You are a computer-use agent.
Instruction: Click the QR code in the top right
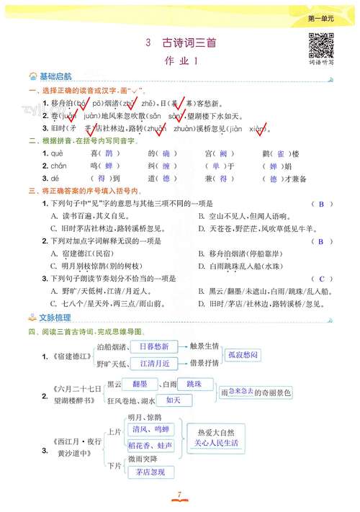coord(320,45)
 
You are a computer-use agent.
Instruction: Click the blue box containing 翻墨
coord(138,384)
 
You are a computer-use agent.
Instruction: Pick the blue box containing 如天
coord(174,400)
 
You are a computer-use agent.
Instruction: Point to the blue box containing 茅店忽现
coord(150,472)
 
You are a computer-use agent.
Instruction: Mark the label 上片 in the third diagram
coord(114,432)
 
